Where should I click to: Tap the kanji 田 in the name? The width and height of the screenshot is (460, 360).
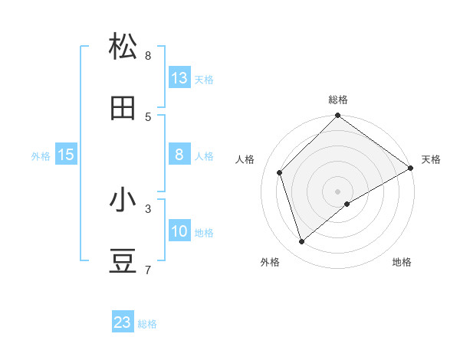pyautogui.click(x=123, y=109)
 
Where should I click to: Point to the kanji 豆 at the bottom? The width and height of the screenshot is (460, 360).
pyautogui.click(x=123, y=262)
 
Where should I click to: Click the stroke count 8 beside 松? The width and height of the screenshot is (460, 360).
pyautogui.click(x=148, y=55)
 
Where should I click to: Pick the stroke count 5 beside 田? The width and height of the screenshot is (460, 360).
pyautogui.click(x=148, y=117)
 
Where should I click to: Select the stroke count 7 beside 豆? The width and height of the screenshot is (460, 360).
pyautogui.click(x=148, y=270)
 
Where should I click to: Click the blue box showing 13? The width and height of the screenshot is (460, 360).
pyautogui.click(x=179, y=77)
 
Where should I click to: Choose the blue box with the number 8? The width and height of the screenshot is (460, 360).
pyautogui.click(x=179, y=155)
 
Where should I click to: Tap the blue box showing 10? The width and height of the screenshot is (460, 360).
pyautogui.click(x=179, y=231)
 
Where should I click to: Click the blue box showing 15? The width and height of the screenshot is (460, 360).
pyautogui.click(x=66, y=155)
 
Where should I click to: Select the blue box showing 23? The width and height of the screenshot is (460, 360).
pyautogui.click(x=123, y=322)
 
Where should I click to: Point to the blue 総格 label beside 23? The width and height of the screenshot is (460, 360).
pyautogui.click(x=148, y=324)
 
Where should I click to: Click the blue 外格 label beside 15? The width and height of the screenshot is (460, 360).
pyautogui.click(x=41, y=156)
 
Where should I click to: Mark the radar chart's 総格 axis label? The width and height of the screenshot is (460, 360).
pyautogui.click(x=338, y=100)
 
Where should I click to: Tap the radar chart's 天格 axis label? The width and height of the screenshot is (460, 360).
pyautogui.click(x=431, y=159)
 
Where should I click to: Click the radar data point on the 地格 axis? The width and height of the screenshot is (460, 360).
pyautogui.click(x=347, y=204)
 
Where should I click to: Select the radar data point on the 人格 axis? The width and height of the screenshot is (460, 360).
pyautogui.click(x=280, y=172)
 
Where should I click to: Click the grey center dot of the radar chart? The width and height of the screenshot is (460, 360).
pyautogui.click(x=338, y=191)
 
